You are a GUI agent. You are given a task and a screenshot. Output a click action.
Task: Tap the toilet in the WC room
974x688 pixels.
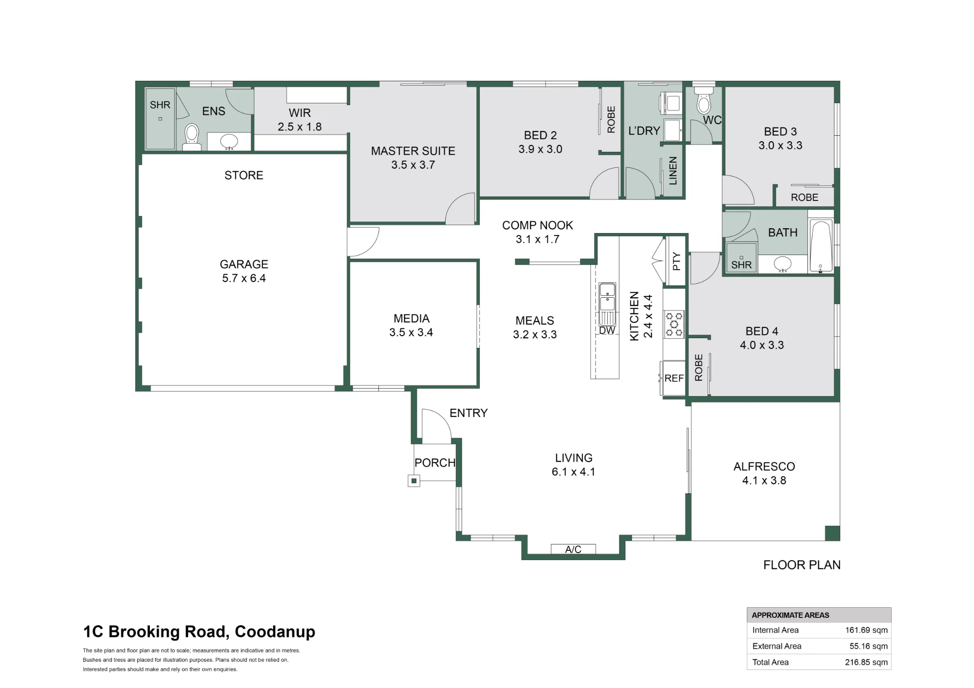[704, 100]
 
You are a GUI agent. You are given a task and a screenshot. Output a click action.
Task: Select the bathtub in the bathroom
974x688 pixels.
[821, 246]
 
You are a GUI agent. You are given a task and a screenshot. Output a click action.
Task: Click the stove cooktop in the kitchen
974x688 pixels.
[674, 325]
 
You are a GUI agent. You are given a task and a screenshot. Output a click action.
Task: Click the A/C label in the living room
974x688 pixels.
[573, 549]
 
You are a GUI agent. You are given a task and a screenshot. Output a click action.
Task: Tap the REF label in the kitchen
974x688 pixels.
[674, 378]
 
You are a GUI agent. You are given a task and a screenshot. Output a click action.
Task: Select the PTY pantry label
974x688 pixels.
[676, 261]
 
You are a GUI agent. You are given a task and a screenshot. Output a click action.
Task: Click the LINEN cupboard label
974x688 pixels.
[673, 171]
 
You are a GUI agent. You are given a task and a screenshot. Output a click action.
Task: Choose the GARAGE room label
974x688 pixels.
[244, 264]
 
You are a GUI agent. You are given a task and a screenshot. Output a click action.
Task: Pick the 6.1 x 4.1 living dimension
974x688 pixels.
[573, 472]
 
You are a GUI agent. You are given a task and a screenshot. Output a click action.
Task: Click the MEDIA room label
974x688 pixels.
[412, 319]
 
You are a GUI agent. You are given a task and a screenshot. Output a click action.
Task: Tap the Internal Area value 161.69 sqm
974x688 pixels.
[866, 630]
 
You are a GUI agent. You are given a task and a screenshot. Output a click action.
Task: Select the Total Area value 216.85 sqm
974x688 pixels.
[866, 662]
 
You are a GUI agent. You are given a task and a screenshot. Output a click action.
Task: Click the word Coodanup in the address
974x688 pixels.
[275, 632]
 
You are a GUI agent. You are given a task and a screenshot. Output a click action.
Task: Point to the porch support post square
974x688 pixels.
[414, 481]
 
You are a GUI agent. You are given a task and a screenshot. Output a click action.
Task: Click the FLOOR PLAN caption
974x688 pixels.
[802, 565]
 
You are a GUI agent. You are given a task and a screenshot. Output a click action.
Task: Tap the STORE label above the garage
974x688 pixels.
[244, 175]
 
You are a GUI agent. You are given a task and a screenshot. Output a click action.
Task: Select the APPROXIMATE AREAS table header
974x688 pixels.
[790, 615]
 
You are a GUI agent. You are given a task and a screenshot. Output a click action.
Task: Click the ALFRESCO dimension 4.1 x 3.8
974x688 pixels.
[764, 481]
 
